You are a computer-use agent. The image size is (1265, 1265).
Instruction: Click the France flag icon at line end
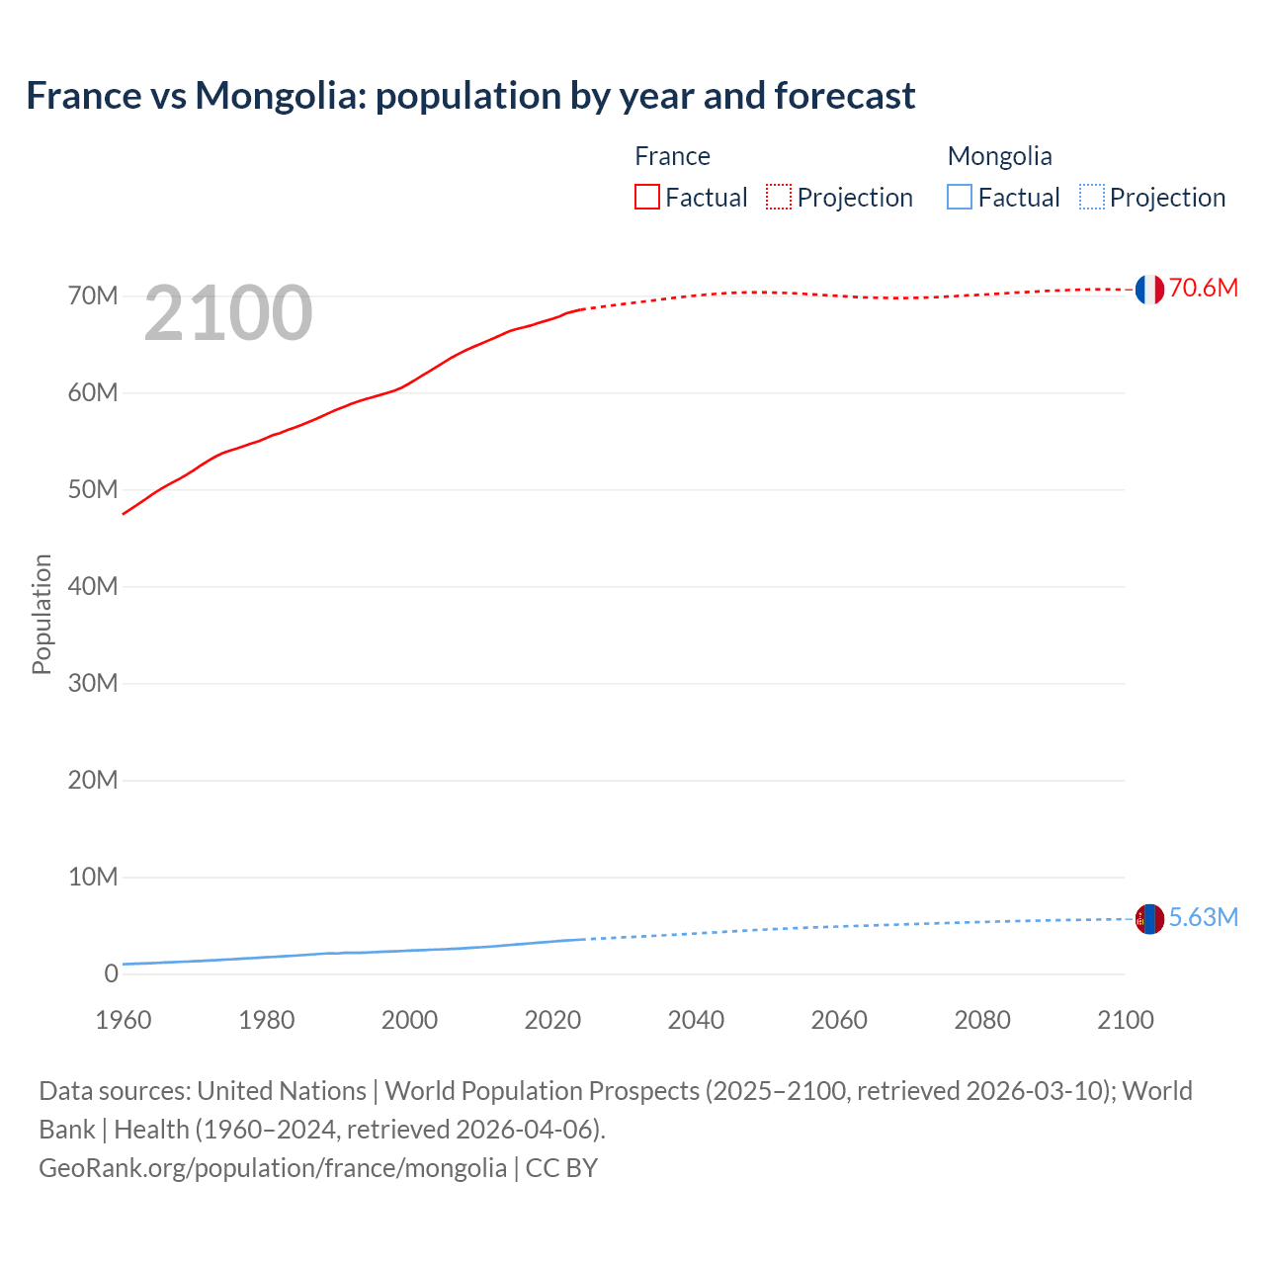tap(1149, 290)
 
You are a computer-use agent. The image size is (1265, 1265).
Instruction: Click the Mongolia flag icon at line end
tap(1149, 919)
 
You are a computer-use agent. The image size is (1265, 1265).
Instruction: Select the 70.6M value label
tap(1203, 288)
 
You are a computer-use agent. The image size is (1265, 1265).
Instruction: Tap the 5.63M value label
tap(1203, 917)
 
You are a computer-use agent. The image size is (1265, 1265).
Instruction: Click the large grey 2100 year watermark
tap(228, 313)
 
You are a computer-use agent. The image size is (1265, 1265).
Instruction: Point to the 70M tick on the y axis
tap(93, 296)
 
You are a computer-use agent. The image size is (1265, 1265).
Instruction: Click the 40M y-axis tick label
tap(93, 587)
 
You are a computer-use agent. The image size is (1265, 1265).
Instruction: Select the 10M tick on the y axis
tap(93, 878)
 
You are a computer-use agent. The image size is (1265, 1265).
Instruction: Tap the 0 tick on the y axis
tap(111, 974)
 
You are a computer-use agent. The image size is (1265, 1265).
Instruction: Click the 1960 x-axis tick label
tap(124, 1020)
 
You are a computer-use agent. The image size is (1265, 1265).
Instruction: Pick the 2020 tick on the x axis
tap(552, 1020)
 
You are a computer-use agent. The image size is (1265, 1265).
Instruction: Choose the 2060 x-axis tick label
tap(839, 1020)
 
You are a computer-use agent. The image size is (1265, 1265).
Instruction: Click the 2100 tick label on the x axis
tap(1125, 1020)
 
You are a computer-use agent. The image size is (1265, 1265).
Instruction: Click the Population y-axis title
tap(42, 614)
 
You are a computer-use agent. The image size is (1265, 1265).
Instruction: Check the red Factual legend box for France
tap(647, 198)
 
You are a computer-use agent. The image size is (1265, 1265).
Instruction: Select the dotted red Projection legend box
tap(779, 198)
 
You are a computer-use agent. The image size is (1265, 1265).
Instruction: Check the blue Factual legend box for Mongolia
tap(960, 198)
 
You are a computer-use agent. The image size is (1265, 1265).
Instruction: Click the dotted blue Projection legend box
tap(1091, 198)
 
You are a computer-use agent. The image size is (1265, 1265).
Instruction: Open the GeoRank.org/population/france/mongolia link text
tap(273, 1168)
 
